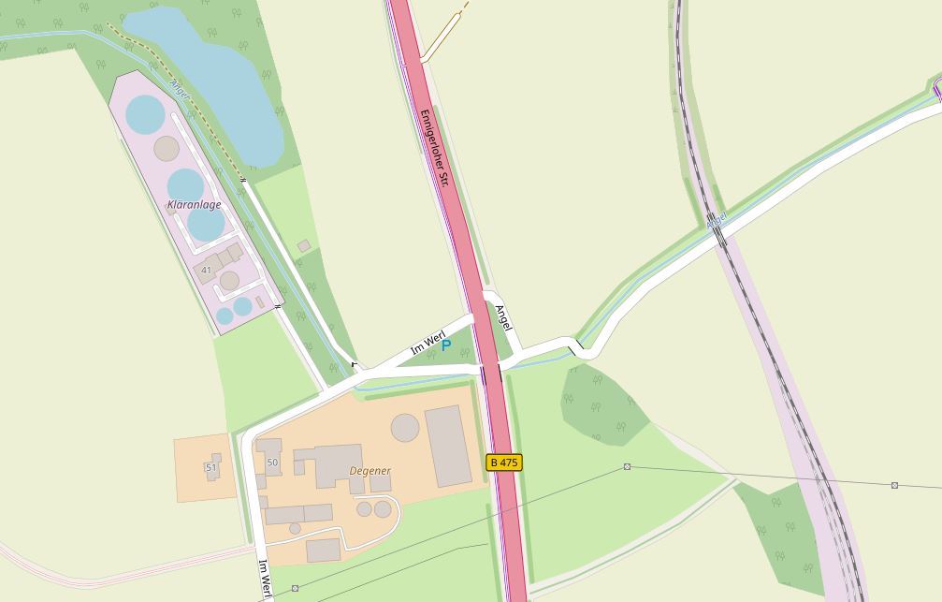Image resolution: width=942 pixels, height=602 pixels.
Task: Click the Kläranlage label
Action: [194, 204]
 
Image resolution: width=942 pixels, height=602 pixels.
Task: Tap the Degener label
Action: [370, 471]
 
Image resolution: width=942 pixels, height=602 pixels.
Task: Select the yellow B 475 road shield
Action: [504, 463]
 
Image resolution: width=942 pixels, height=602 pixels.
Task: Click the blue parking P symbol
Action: [446, 345]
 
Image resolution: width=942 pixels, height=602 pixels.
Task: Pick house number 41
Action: [206, 271]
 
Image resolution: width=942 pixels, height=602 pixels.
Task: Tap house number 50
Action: [272, 463]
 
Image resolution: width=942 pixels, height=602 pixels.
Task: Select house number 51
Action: [210, 467]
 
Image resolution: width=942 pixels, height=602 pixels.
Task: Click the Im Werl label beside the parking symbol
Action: [427, 344]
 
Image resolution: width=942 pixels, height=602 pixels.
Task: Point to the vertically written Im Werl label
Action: [265, 579]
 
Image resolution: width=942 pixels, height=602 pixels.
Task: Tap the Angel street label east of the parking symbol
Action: [503, 319]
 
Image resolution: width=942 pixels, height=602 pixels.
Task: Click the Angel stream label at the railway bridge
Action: [717, 221]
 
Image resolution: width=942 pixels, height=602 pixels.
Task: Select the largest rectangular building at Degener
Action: [448, 446]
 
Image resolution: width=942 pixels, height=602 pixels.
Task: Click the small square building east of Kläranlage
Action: [303, 246]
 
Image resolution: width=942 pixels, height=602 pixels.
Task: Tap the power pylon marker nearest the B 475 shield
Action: [627, 466]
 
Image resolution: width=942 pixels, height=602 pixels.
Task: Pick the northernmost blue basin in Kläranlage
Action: [145, 114]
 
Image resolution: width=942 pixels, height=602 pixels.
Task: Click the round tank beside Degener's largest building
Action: [405, 427]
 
